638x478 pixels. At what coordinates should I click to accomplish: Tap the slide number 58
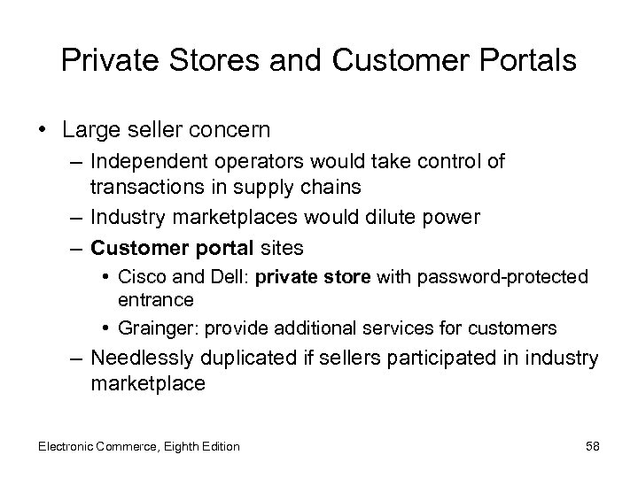pos(592,446)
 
